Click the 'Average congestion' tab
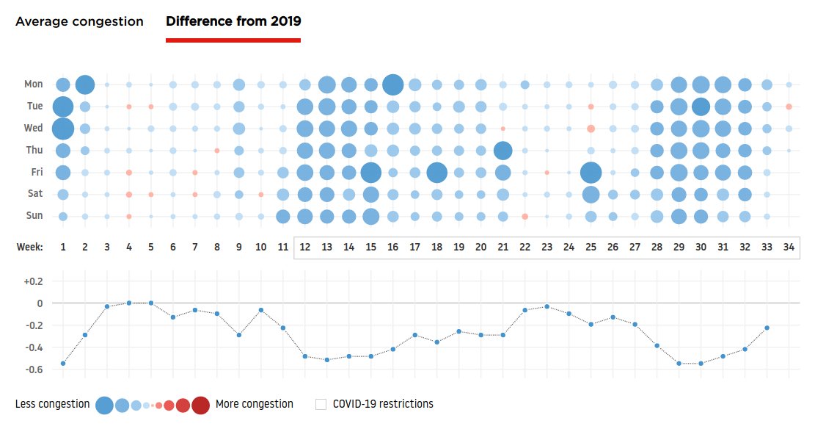[79, 21]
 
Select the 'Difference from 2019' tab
[233, 21]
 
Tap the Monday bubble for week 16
[392, 84]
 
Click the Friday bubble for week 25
[591, 173]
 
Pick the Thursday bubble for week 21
[502, 151]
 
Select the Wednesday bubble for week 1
[62, 129]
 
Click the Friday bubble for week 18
[436, 173]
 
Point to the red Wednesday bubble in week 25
[591, 129]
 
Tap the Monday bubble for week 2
[84, 84]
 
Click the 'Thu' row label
[34, 151]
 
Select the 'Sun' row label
[34, 216]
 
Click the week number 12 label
[304, 247]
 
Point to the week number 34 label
[789, 247]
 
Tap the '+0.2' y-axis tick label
[34, 281]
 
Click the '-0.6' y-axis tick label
[34, 369]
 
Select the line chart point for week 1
[63, 363]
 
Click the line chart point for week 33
[767, 328]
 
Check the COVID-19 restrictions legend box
[321, 404]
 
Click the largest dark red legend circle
[200, 405]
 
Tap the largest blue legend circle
[104, 405]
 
